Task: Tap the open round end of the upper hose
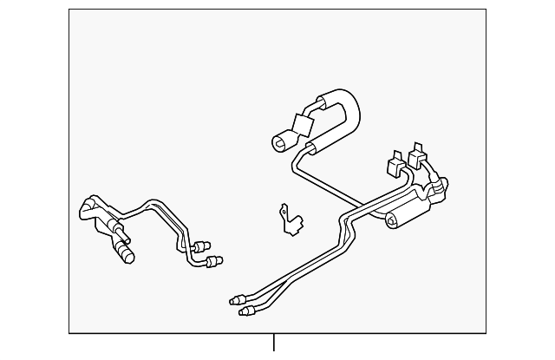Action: (283, 139)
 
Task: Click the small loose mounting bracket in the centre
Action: (291, 219)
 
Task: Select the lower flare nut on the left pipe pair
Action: (213, 258)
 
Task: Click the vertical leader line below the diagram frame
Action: (273, 344)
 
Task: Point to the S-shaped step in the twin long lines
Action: (348, 226)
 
